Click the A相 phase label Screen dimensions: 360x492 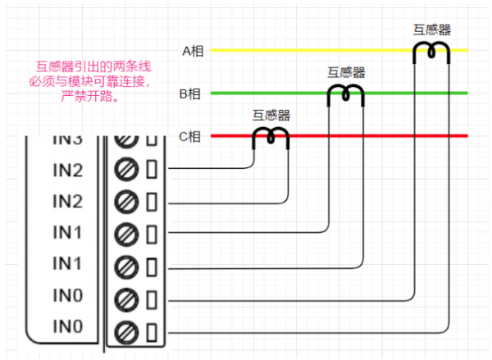(x=192, y=51)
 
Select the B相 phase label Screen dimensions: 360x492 (x=190, y=93)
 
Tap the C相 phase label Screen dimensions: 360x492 (x=190, y=137)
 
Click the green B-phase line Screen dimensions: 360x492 (x=271, y=93)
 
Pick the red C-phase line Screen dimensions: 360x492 (x=369, y=136)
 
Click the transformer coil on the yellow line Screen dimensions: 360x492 (x=431, y=52)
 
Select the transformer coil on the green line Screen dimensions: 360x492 (x=345, y=95)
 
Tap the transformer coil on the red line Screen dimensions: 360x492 (x=270, y=138)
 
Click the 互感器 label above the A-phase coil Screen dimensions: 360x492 (x=431, y=30)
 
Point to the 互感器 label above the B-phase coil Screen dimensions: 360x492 (x=345, y=72)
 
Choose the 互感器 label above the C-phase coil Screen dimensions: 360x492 (x=271, y=116)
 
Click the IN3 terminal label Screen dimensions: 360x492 (x=67, y=139)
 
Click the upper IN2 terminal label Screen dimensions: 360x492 (x=67, y=171)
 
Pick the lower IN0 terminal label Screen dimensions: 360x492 (x=67, y=327)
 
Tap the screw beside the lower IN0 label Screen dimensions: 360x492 (x=126, y=332)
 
